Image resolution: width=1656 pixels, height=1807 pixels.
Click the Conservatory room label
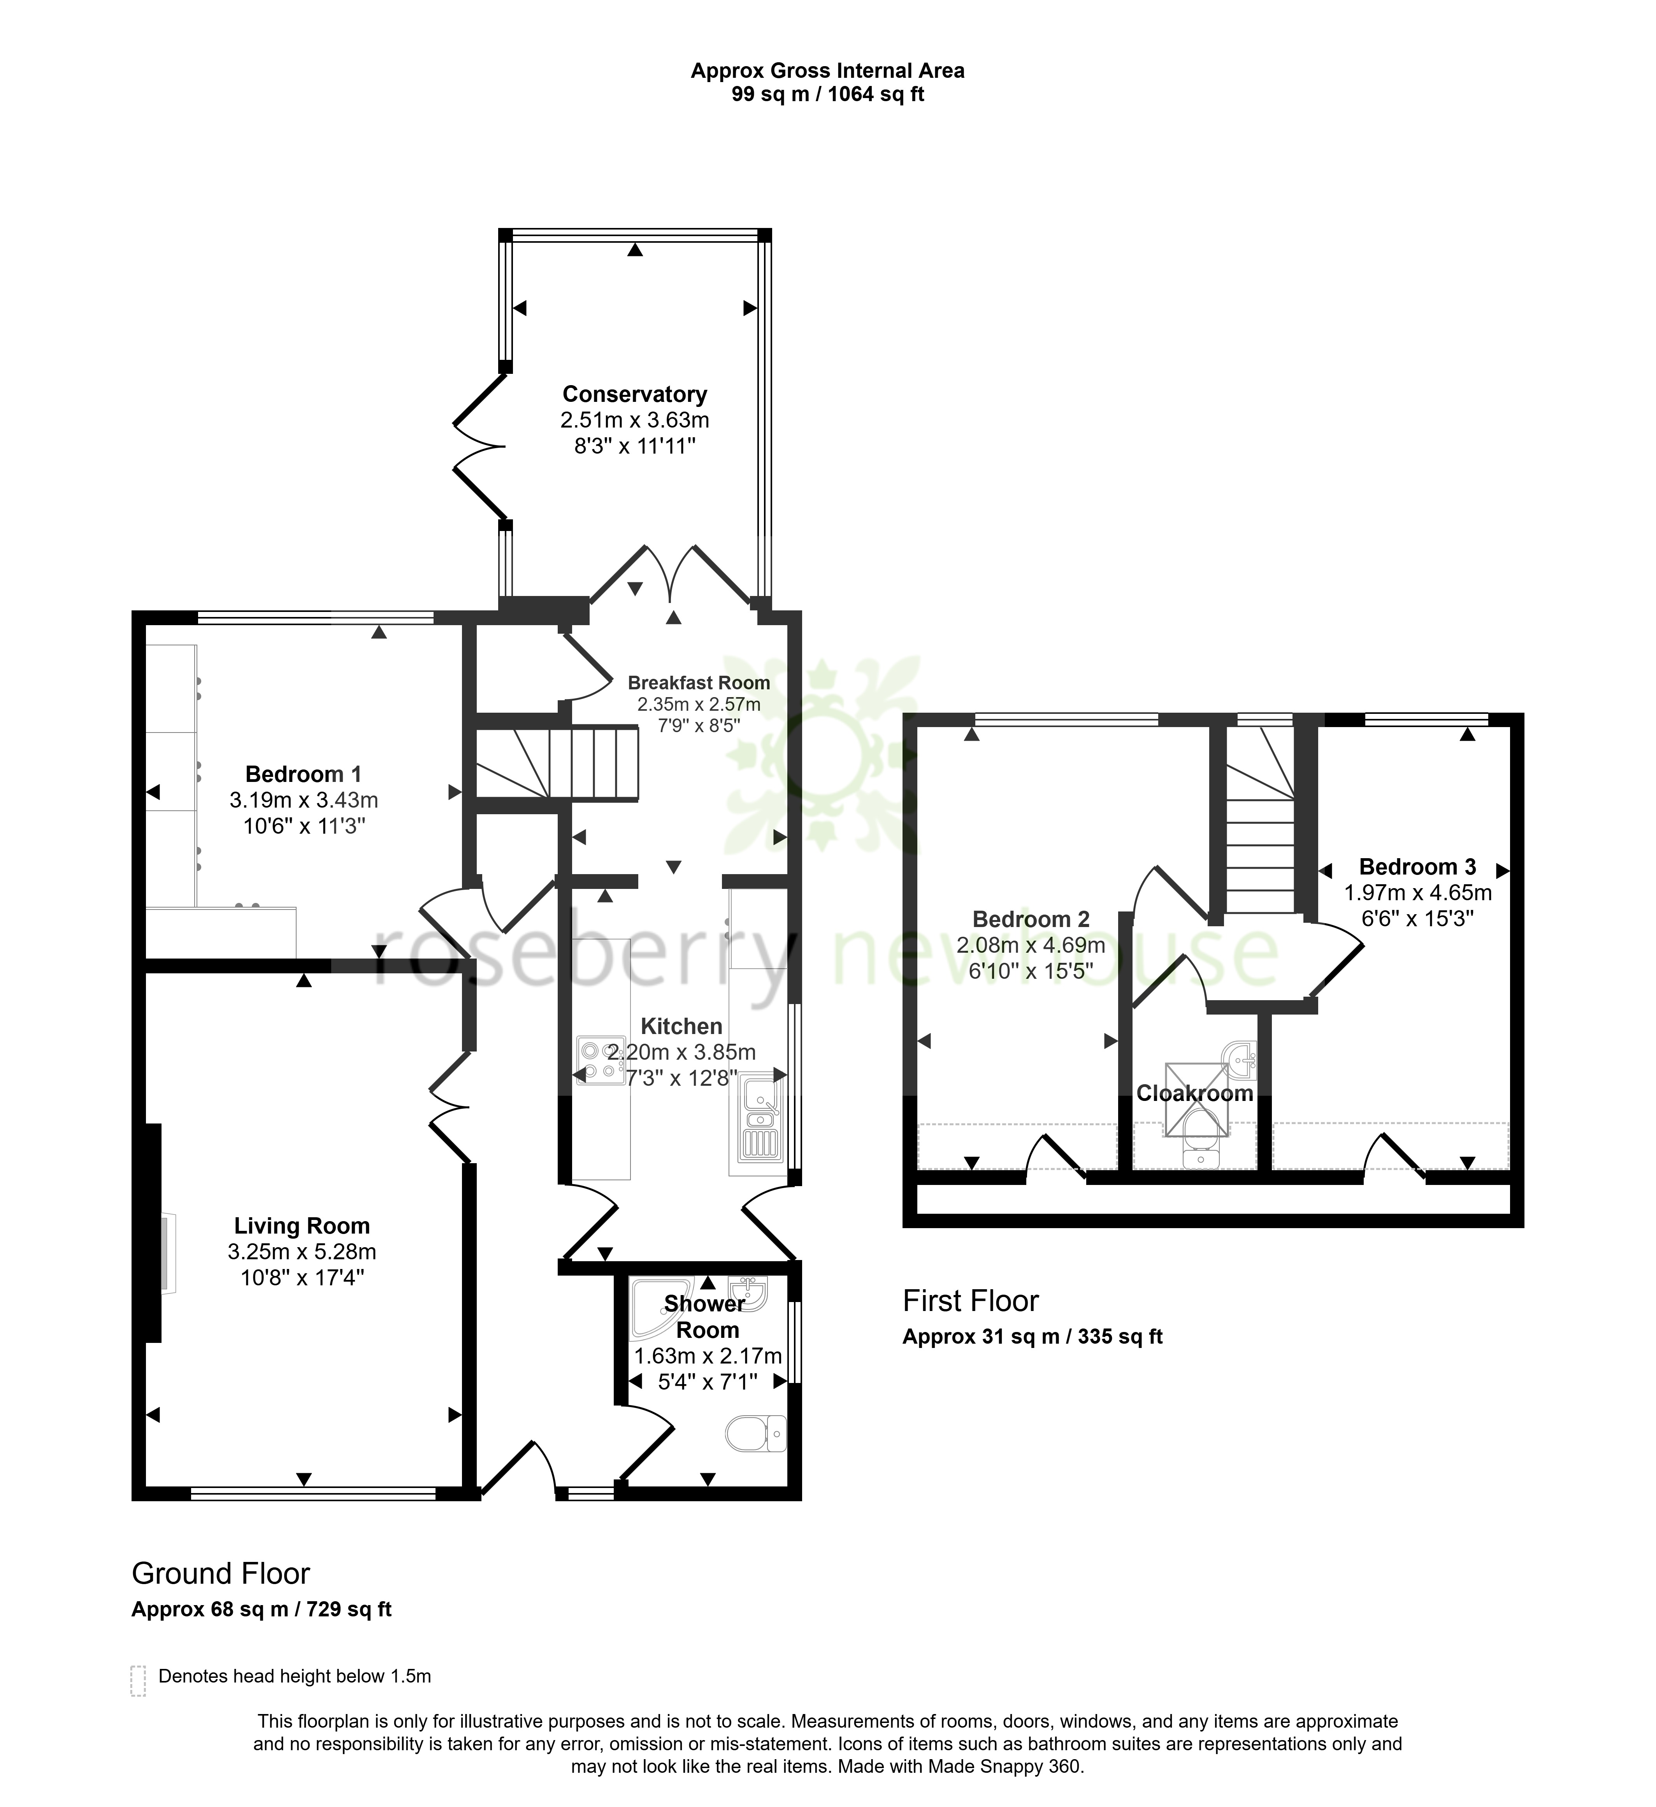635,394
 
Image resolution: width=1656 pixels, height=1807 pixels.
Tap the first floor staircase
1260,820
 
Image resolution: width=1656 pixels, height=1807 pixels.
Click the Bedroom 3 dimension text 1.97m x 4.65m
1417,893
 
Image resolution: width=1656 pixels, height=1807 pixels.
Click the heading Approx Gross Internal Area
827,71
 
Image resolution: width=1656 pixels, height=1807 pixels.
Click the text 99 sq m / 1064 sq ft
827,94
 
